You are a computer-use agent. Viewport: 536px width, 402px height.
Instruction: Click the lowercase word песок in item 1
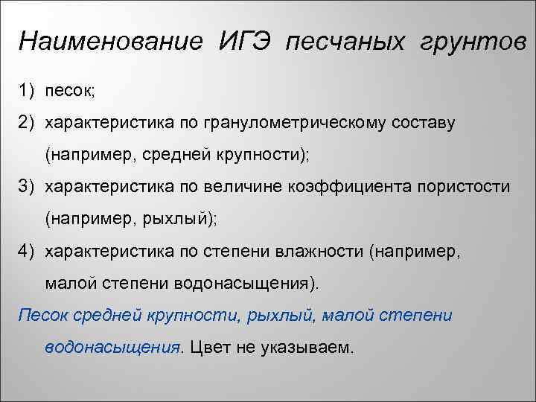68,90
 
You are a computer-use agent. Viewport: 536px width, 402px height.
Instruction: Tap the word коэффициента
350,186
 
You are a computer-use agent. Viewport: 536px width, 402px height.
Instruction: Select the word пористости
463,186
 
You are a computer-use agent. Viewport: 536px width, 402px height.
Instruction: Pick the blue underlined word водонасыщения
112,348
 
